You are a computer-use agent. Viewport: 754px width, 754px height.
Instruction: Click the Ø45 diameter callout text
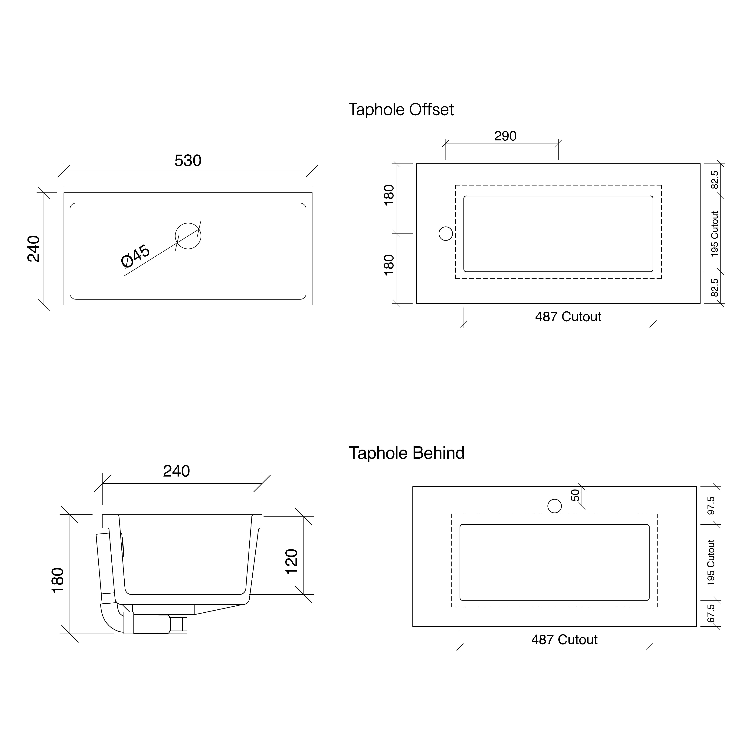point(135,256)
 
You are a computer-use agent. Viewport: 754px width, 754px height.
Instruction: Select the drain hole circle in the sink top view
point(188,236)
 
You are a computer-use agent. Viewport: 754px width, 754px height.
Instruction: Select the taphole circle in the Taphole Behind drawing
point(555,506)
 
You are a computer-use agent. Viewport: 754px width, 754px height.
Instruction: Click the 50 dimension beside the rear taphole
point(575,495)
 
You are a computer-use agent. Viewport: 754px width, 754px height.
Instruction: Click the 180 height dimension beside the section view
point(58,580)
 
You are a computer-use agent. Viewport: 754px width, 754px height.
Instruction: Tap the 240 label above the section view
point(176,471)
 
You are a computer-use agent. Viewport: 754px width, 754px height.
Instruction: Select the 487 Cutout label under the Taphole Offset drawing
point(568,316)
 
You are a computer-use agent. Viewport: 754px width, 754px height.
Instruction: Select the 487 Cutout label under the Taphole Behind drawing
point(564,640)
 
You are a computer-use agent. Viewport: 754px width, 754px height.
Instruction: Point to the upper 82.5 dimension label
point(715,179)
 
